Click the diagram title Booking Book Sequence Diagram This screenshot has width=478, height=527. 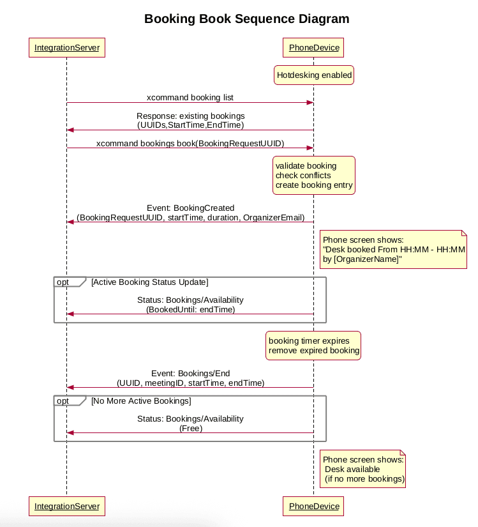pyautogui.click(x=246, y=19)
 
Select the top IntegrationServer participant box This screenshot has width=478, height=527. pyautogui.click(x=67, y=48)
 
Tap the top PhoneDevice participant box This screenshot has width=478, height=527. pyautogui.click(x=314, y=48)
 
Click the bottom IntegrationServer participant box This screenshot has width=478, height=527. pyautogui.click(x=67, y=506)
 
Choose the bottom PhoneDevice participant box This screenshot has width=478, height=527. pyautogui.click(x=314, y=506)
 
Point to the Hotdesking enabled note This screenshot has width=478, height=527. pyautogui.click(x=314, y=75)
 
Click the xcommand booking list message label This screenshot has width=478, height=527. pyautogui.click(x=190, y=98)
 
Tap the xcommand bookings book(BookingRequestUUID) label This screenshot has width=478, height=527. pyautogui.click(x=190, y=144)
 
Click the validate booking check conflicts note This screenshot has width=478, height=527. pyautogui.click(x=314, y=176)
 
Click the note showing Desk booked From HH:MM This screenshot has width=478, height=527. pyautogui.click(x=393, y=249)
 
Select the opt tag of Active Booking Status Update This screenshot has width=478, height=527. pyautogui.click(x=64, y=282)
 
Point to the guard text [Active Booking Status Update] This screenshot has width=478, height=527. pyautogui.click(x=149, y=282)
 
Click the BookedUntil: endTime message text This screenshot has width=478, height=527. pyautogui.click(x=190, y=309)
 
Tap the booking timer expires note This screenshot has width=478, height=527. pyautogui.click(x=314, y=346)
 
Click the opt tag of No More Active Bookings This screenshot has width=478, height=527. pyautogui.click(x=64, y=401)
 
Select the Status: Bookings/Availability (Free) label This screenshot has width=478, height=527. pyautogui.click(x=190, y=424)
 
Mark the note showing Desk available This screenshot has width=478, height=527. pyautogui.click(x=363, y=469)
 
